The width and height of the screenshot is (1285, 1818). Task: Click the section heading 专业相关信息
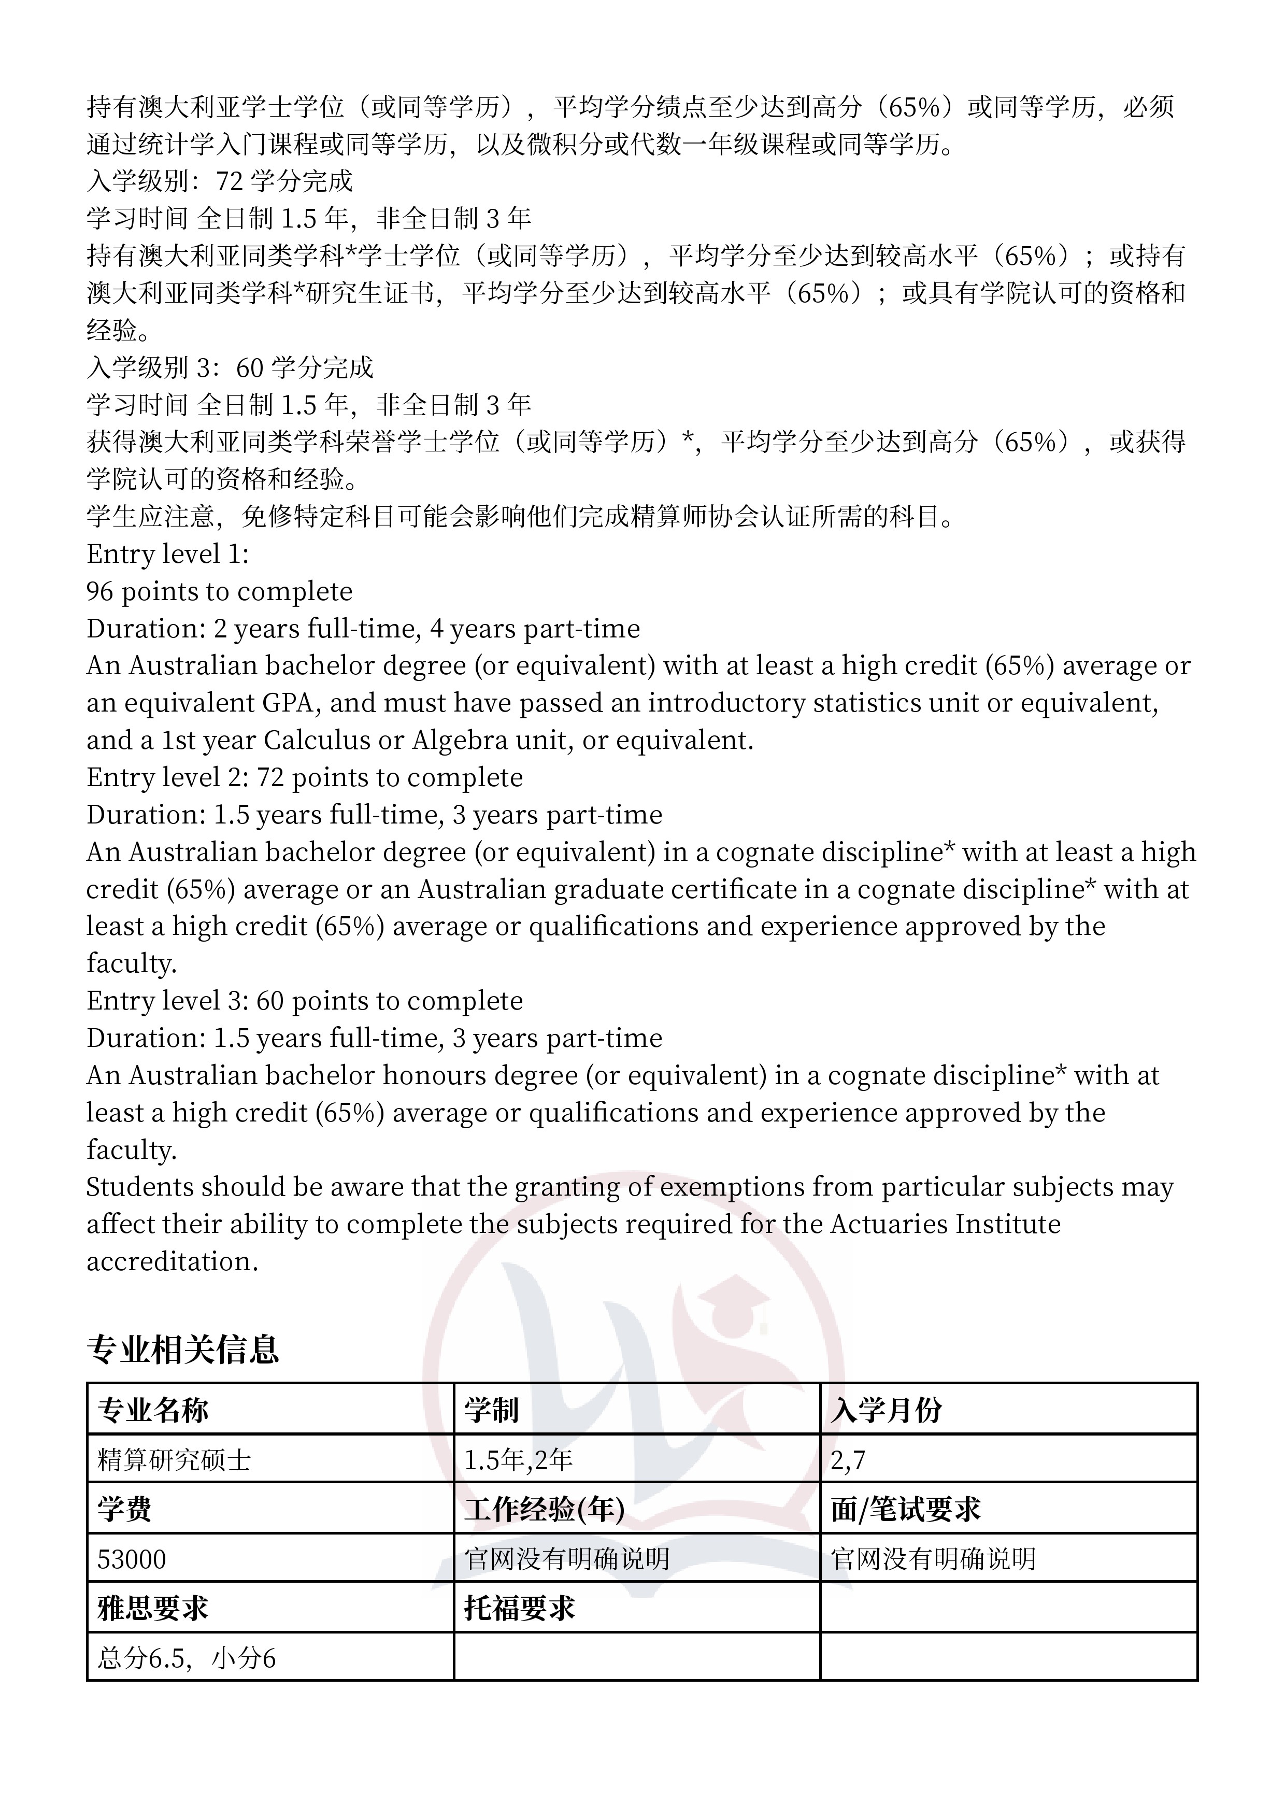[x=183, y=1349]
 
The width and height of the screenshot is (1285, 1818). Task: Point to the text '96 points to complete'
[x=219, y=591]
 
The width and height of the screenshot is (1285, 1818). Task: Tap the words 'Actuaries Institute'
[x=945, y=1224]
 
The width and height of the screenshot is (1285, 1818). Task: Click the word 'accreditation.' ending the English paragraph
[x=173, y=1260]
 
